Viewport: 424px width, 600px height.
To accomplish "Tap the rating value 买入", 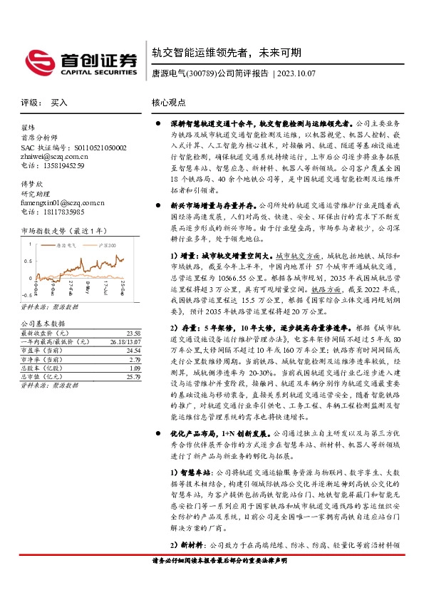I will [59, 103].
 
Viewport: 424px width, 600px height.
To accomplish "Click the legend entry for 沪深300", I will [107, 244].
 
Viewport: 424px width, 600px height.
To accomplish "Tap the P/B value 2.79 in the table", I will [133, 359].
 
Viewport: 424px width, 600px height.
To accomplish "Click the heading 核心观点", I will [169, 103].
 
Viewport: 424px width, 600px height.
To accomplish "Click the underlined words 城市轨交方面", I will [298, 254].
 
